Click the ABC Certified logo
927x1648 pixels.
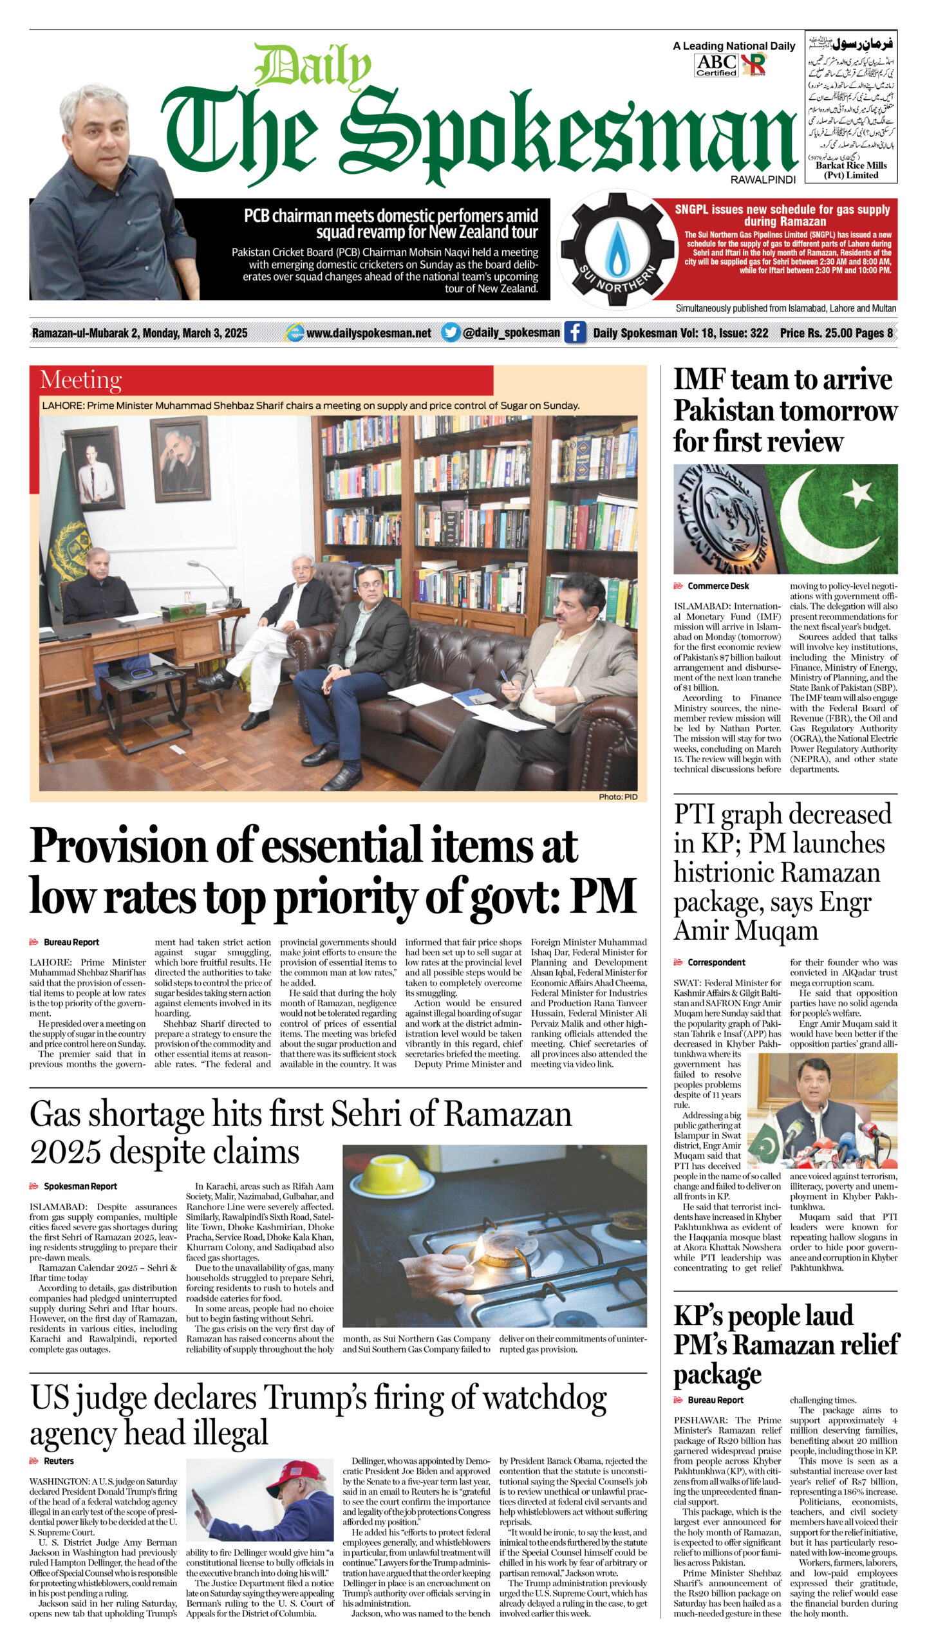[716, 65]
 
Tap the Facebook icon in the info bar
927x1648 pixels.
[575, 333]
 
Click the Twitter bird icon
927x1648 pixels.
[451, 333]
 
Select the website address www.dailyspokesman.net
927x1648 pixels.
[368, 333]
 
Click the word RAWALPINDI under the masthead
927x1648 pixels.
[763, 180]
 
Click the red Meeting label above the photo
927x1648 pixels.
[80, 380]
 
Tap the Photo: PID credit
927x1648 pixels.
[617, 797]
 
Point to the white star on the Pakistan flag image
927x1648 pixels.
[857, 494]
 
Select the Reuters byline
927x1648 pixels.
[59, 1461]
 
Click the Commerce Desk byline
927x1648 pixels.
[718, 586]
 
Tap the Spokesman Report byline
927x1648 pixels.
[80, 1186]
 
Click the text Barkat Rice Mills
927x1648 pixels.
[850, 165]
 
